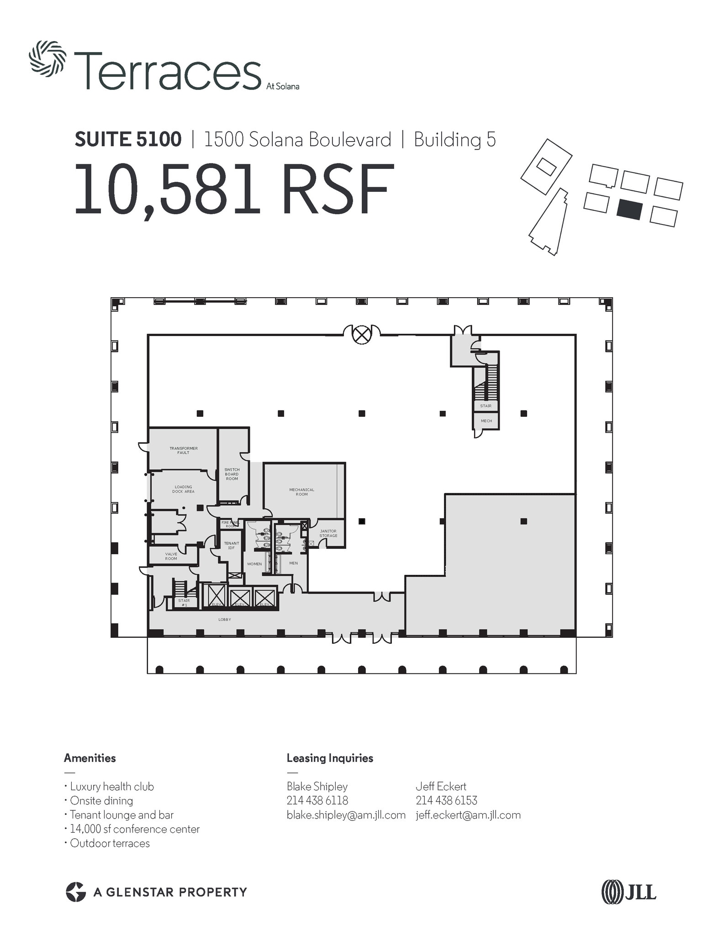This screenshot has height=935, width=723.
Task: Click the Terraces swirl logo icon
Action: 47,58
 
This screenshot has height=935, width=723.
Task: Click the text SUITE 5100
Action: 128,139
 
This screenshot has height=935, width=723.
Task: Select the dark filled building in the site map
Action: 629,210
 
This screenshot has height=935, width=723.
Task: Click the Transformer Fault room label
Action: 184,450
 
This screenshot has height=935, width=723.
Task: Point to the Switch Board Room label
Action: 232,474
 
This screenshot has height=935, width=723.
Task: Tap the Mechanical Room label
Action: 301,492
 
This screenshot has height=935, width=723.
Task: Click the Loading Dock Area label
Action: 183,489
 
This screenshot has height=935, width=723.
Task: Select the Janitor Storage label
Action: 328,533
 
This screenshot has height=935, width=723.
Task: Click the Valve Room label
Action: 171,556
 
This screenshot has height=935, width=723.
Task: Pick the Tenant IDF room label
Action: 232,546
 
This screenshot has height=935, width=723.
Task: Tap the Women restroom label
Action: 254,564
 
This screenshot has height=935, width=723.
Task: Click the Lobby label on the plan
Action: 225,620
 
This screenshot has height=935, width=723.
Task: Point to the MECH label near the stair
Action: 486,421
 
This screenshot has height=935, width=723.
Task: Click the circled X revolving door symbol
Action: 362,335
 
